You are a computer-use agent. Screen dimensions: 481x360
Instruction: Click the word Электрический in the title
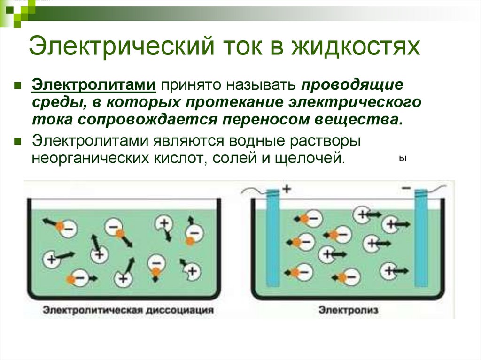121,46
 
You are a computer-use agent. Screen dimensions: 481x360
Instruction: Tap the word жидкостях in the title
356,46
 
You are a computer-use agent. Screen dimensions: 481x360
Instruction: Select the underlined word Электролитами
94,84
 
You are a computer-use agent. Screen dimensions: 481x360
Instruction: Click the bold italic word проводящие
352,85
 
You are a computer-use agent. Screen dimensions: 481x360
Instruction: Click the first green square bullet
17,85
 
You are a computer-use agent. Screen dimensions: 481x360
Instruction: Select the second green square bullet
17,141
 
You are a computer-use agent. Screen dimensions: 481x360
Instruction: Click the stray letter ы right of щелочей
403,159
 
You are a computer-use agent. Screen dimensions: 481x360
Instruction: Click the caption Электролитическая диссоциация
128,310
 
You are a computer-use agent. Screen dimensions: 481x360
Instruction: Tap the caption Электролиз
349,310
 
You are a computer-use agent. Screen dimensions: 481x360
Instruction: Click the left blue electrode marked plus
273,238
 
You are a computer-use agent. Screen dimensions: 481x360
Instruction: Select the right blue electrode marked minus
421,238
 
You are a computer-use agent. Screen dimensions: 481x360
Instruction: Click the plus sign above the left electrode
287,189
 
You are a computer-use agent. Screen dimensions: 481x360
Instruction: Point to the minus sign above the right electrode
406,188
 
